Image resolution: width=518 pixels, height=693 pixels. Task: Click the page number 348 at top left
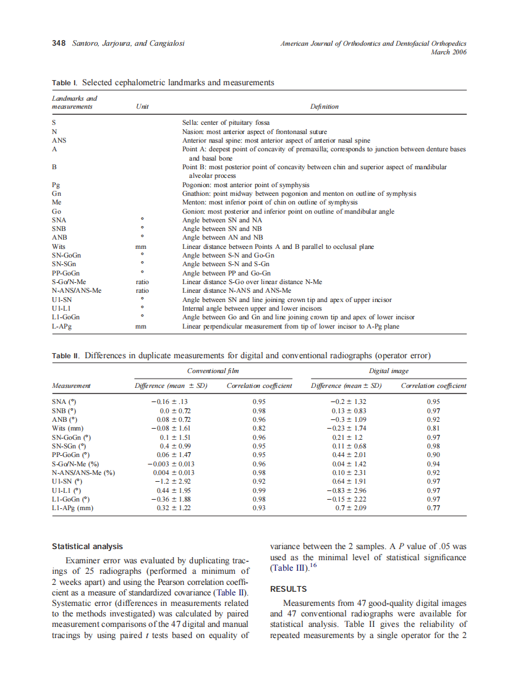pos(59,43)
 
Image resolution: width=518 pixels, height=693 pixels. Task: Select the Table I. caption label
pos(65,82)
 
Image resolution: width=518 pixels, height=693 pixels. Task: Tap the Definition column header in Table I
pos(324,106)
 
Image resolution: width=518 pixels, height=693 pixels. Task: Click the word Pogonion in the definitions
pos(197,185)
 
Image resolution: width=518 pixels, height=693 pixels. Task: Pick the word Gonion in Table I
pos(193,211)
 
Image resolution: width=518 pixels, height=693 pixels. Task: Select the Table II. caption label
pos(66,356)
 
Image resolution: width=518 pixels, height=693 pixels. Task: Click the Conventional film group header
pos(213,371)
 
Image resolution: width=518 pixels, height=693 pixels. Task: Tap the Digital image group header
pos(388,371)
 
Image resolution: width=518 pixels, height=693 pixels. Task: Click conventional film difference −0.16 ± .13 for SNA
pos(171,401)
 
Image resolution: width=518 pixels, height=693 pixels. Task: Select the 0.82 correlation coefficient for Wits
pos(259,428)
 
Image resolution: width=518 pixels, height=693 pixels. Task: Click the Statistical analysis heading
pos(87,546)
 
